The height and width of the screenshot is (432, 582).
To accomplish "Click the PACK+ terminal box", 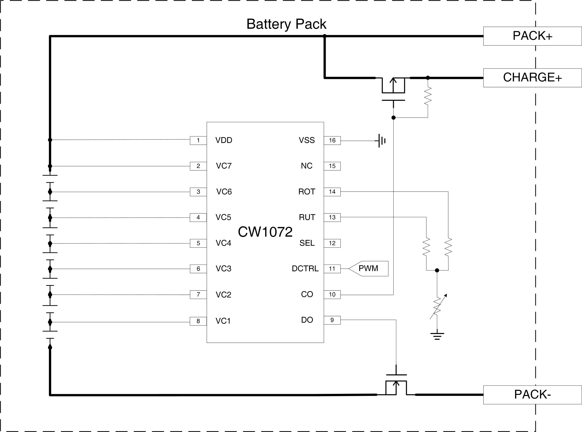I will tap(532, 36).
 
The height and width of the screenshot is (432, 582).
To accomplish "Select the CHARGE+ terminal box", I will tap(532, 78).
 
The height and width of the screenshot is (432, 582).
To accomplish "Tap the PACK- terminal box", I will tap(532, 395).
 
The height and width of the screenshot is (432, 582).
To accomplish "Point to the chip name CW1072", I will tap(265, 232).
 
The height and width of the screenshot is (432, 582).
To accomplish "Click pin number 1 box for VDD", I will tap(198, 140).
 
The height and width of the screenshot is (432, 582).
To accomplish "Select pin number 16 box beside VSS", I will tap(332, 140).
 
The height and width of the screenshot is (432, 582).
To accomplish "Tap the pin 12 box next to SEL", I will tap(332, 243).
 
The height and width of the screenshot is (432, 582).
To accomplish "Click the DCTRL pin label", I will tap(305, 269).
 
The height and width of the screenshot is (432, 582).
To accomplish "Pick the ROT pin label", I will tap(307, 192).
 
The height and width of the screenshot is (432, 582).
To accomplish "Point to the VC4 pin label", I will tap(223, 243).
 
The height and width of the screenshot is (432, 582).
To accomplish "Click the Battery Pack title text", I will tap(286, 24).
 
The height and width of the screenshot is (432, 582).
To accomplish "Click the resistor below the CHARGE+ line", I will tap(428, 96).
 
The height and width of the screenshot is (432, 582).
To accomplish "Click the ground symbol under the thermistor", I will tap(437, 335).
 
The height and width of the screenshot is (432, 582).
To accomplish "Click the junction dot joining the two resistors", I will tap(437, 270).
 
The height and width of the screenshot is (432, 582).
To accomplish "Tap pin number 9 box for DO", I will tap(332, 320).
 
